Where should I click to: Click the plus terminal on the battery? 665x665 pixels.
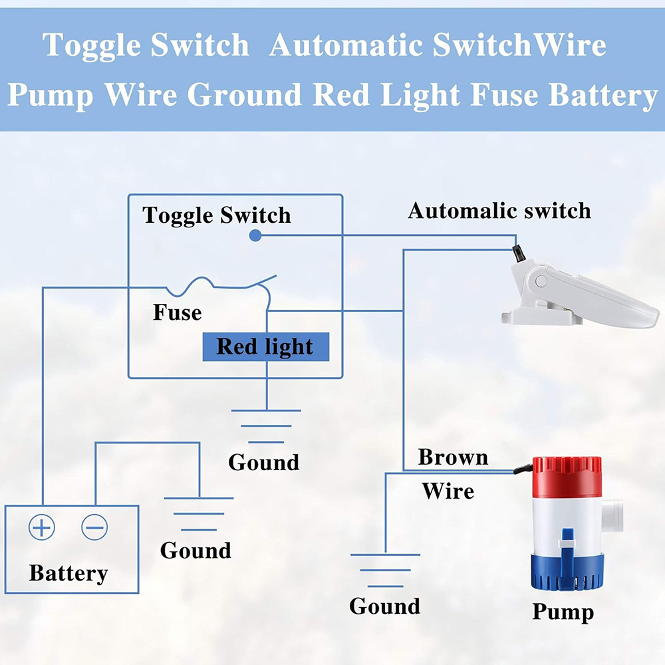pos(41,528)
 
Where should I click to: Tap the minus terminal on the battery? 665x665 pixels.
pos(94,528)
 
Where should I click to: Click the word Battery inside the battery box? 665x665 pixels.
pos(68,573)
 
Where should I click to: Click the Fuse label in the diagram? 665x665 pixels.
pos(177,313)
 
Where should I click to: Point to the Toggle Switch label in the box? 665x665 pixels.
pos(217,215)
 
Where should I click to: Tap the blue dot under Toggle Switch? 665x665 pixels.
pos(254,235)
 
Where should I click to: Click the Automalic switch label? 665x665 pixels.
pos(499,211)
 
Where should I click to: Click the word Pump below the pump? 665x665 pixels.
pos(563,612)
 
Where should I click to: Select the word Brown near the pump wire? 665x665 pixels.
pos(453,458)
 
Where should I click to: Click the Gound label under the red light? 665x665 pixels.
pos(264,462)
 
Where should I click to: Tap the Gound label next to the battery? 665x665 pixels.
pos(196,551)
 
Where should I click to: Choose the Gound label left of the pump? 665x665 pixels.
pos(384,606)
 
